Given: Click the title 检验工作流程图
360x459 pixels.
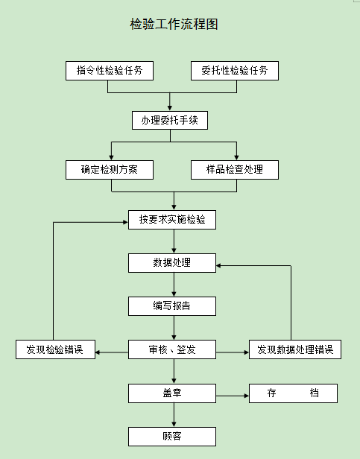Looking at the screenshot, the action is pos(174,24).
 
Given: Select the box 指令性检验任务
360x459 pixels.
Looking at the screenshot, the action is pos(110,71).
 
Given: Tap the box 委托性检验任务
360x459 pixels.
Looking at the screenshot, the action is pos(235,71).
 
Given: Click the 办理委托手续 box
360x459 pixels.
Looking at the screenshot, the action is pos(170,120).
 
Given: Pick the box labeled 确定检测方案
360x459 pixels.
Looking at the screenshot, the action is pos(110,169).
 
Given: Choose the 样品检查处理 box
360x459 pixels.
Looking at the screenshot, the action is pos(235,169).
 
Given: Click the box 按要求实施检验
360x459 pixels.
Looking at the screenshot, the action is pos(172,220).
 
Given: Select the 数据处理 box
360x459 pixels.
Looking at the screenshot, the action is pos(172,263).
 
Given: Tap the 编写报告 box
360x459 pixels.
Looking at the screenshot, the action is pos(172,306).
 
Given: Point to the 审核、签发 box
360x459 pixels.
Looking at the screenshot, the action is pos(172,349).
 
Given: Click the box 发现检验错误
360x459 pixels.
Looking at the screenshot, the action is pos(56,349).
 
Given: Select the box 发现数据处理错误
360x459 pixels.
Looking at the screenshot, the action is pos(295,349).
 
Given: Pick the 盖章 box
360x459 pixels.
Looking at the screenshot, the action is pos(172,393).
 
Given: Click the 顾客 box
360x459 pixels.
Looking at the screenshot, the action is pos(172,437).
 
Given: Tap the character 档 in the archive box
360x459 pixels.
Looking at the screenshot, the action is pos(315,393).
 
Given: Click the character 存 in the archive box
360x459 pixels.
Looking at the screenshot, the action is pos(271,393).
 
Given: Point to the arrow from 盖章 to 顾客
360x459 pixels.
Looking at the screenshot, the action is pos(174,415).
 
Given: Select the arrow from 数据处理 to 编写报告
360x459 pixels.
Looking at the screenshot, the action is pos(174,285).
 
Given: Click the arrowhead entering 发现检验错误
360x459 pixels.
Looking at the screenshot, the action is pos(98,352).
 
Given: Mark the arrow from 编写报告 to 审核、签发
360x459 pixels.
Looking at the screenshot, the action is pos(174,328).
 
